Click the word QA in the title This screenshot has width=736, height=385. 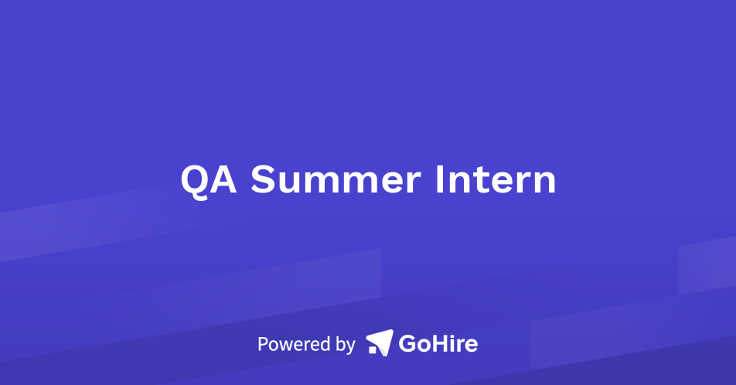pos(210,180)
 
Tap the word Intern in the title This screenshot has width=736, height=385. pos(495,180)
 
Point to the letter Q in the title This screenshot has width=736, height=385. pos(196,181)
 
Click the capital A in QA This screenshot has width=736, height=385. pos(225,180)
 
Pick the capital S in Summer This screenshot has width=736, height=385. pos(264,180)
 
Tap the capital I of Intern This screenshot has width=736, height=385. pos(440,180)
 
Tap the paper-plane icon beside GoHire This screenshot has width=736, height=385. pos(379,342)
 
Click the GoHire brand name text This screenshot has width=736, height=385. pos(438,343)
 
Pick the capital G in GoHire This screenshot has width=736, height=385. pos(408,343)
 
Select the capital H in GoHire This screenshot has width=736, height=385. pos(441,343)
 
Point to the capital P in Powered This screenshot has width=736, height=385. pos(263,343)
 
